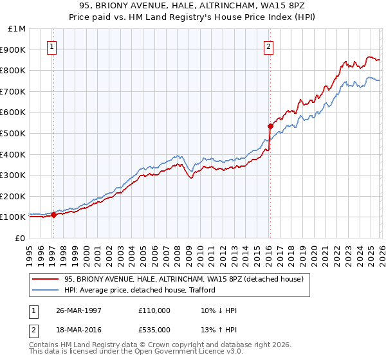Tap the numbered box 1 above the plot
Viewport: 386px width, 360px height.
coord(51,46)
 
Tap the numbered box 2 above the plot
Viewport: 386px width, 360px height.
coord(268,46)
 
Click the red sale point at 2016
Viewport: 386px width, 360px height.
coord(270,126)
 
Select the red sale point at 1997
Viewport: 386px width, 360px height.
coord(54,215)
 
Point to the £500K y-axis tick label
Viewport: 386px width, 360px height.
coord(14,133)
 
